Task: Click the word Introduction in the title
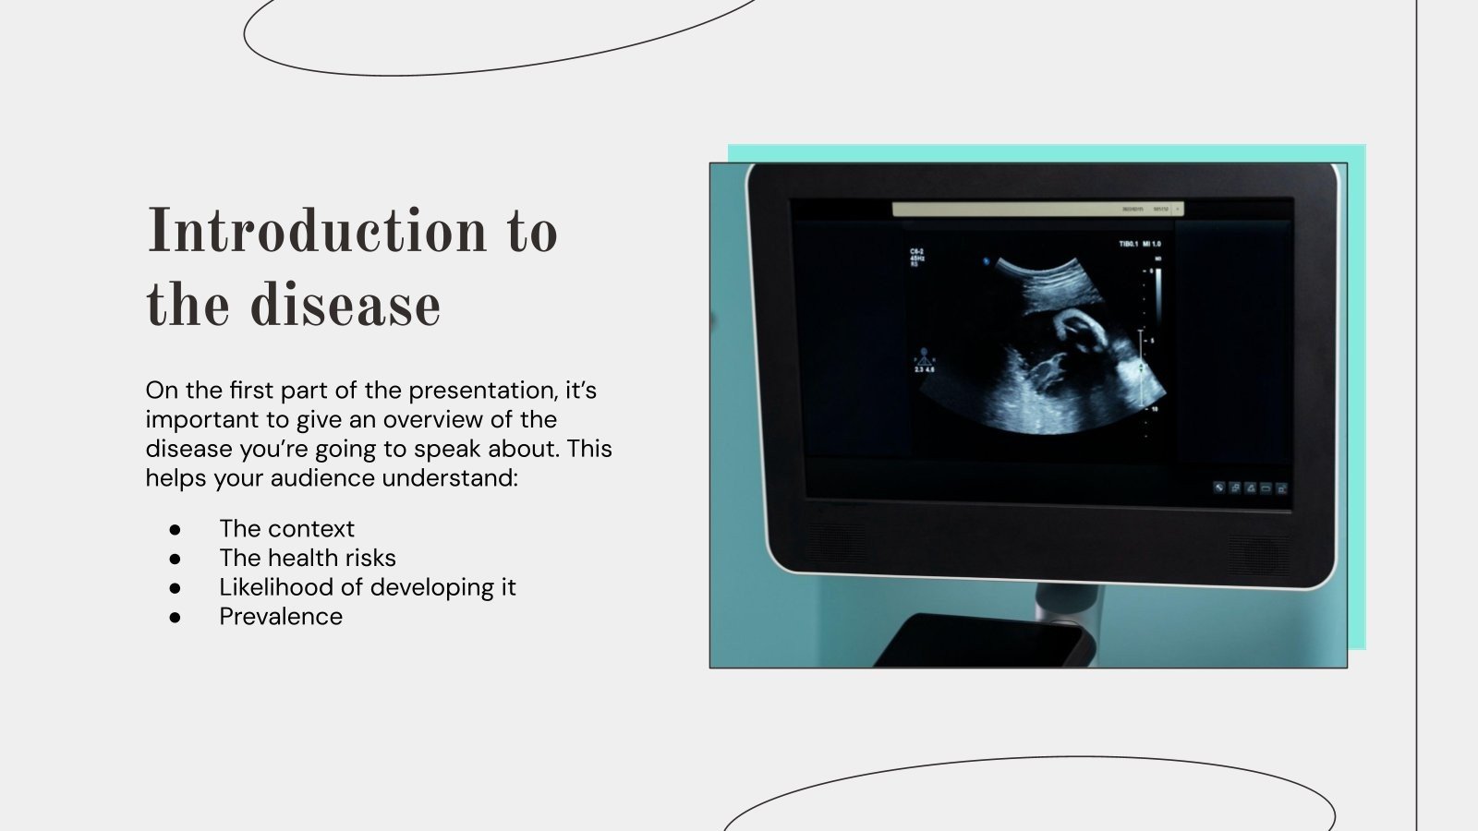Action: (x=317, y=231)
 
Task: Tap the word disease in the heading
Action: (x=345, y=306)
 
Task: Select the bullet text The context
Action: (x=286, y=528)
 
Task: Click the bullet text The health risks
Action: (x=307, y=558)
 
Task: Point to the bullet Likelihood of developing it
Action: (x=367, y=587)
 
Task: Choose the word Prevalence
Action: (x=280, y=617)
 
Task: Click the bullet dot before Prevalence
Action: (x=175, y=618)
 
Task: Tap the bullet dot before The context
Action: (x=175, y=530)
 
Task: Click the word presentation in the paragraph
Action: (x=482, y=391)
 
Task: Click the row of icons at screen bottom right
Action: (x=1250, y=488)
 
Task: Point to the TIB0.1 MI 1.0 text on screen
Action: (x=1140, y=244)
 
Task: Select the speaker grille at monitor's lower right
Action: (x=1258, y=554)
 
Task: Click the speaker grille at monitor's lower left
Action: (x=837, y=545)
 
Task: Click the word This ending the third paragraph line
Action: (x=589, y=449)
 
